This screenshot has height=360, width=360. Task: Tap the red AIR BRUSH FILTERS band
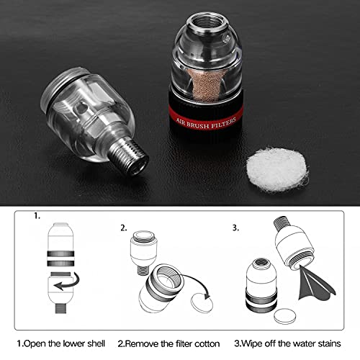[210, 114]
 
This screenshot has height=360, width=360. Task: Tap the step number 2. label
[125, 228]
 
